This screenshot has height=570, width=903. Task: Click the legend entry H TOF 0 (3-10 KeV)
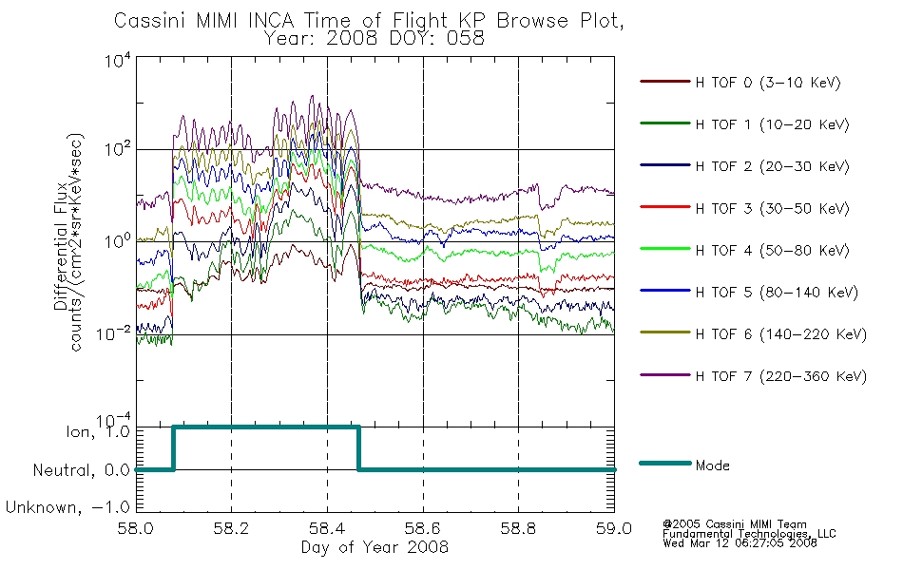coord(768,83)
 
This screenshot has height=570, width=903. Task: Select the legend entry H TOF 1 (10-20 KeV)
coord(772,124)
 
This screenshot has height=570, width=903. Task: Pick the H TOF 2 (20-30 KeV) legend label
coord(772,166)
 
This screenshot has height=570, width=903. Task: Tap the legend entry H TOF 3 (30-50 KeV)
coord(772,208)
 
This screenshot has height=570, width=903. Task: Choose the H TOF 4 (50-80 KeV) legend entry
coord(772,251)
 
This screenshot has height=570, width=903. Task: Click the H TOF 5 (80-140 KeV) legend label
coord(777,293)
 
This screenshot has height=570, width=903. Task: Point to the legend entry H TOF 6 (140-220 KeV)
coord(781,334)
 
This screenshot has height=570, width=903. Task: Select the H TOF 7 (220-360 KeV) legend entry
coord(781,376)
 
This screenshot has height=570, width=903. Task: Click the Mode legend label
coord(712,465)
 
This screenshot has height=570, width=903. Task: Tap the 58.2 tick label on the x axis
coord(231,528)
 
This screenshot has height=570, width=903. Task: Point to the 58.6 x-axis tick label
coord(423,528)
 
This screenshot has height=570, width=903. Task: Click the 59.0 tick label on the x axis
coord(614,528)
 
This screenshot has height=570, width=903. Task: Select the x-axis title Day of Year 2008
coord(375,547)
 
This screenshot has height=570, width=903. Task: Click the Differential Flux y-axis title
coord(61,246)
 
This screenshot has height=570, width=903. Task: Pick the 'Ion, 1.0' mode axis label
coord(98,431)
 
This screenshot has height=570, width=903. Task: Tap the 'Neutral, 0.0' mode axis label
coord(81,470)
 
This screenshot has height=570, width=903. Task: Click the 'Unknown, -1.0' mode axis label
coord(67,507)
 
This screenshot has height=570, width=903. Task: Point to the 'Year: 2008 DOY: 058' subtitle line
coord(375,39)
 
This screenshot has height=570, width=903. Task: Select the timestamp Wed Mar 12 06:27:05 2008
coord(740,543)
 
